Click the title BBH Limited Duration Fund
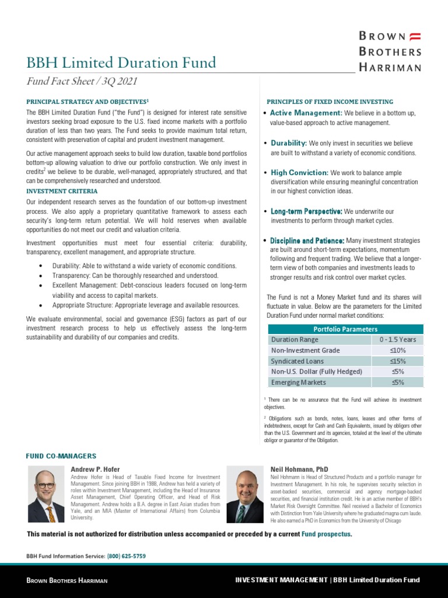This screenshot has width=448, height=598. (121, 62)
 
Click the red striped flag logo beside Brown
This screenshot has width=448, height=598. (415, 36)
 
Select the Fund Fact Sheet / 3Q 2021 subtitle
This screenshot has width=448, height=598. (82, 82)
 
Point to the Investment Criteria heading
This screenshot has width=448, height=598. (62, 191)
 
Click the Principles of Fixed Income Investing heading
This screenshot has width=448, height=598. (330, 102)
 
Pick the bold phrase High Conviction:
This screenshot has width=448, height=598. (300, 173)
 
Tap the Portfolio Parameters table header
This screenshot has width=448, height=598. (345, 329)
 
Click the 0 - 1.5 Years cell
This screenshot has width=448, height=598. (397, 339)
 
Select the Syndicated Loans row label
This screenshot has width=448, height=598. (297, 361)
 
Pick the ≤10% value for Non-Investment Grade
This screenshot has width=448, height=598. (397, 350)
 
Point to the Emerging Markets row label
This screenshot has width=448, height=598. (299, 383)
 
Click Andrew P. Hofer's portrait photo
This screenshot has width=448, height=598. (46, 494)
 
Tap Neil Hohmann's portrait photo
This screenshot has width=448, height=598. (245, 494)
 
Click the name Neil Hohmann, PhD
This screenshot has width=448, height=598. (299, 469)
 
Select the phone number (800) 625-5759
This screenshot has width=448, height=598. (127, 557)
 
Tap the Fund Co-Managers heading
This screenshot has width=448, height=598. (61, 456)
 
